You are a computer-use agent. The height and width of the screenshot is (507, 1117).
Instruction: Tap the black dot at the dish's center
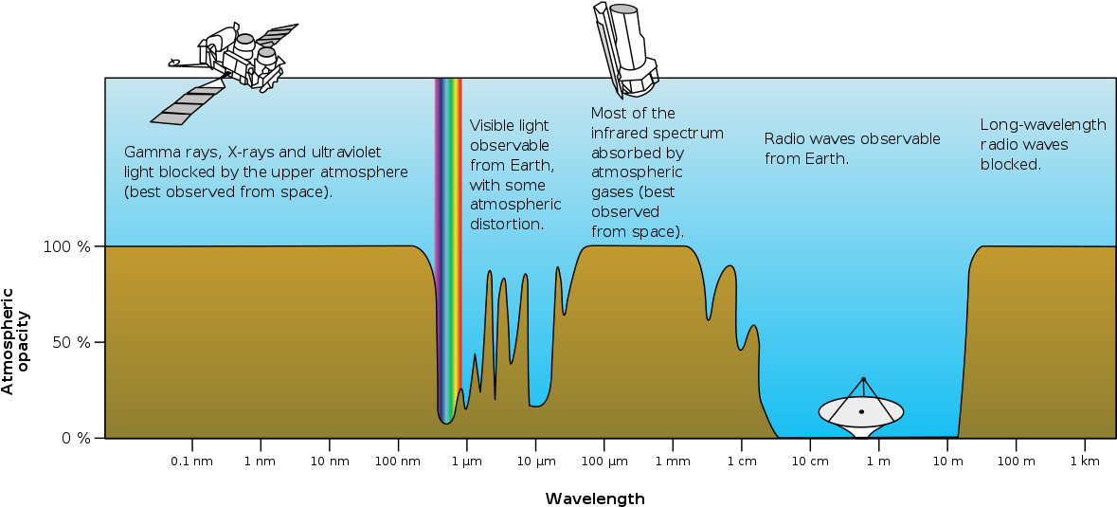pyautogui.click(x=861, y=411)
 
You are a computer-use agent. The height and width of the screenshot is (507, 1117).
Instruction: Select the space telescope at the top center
pyautogui.click(x=624, y=47)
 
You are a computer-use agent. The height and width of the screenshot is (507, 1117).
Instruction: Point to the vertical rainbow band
pyautogui.click(x=448, y=246)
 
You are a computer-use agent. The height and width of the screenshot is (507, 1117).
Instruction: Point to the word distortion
pyautogui.click(x=507, y=225)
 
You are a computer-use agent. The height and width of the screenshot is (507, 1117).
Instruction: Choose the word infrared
pyautogui.click(x=621, y=133)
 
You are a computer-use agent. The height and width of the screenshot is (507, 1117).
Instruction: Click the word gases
pyautogui.click(x=612, y=192)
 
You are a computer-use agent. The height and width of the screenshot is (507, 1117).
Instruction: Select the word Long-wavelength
pyautogui.click(x=1043, y=125)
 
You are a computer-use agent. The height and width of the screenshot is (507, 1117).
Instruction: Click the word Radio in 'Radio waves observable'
pyautogui.click(x=784, y=139)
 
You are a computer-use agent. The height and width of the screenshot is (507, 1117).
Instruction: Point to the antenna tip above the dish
pyautogui.click(x=863, y=379)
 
